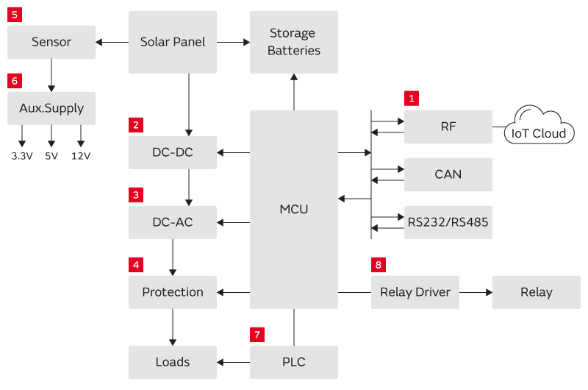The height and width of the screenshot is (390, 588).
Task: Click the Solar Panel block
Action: coord(173,42)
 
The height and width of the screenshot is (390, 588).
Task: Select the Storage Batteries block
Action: coord(294,42)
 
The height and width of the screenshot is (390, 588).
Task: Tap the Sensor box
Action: coord(51,42)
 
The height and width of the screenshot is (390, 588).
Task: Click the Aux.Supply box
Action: coord(51,108)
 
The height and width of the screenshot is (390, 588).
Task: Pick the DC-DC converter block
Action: coord(173,152)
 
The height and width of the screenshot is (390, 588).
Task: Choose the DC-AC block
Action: coord(173,222)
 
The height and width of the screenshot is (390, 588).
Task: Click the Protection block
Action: coord(173,292)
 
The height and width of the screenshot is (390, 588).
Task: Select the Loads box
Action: coord(173,362)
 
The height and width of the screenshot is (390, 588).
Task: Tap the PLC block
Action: coord(294,362)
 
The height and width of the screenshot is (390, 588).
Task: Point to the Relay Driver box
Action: coord(415,292)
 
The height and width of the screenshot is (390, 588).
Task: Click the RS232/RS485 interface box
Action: coord(448,222)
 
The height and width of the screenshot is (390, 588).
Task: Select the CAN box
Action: coord(448,174)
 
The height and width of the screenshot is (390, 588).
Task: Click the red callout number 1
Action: coord(412,97)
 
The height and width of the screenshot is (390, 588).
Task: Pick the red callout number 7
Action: coord(257,335)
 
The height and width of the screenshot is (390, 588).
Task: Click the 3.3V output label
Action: coord(21,156)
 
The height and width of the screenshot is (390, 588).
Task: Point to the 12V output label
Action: coord(81,156)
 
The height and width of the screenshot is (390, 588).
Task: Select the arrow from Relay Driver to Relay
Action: coord(476,292)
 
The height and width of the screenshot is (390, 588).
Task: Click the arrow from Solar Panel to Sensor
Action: coord(112,42)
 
